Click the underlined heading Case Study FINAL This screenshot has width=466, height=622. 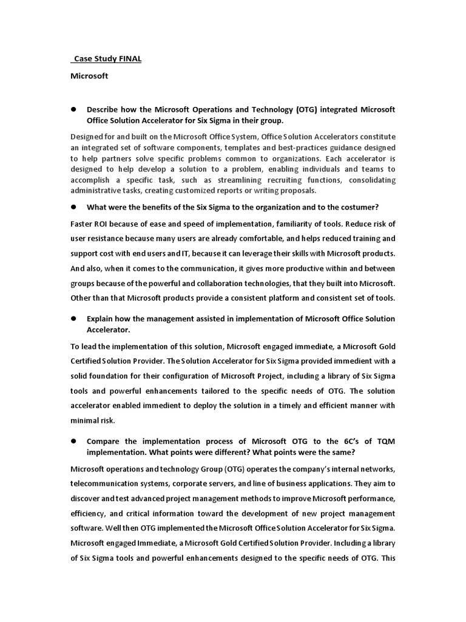coord(107,59)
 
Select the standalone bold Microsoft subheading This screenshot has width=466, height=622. coord(89,76)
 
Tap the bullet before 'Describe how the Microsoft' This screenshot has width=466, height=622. coord(74,109)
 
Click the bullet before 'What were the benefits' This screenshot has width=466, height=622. coord(74,207)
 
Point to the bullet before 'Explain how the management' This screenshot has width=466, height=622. coord(74,318)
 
